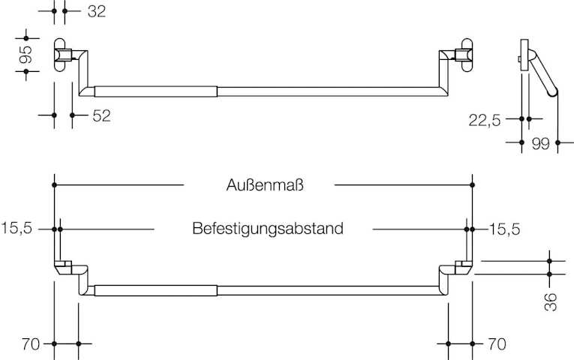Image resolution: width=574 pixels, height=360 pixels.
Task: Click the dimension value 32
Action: pyautogui.click(x=97, y=11)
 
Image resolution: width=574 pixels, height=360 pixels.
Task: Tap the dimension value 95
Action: pyautogui.click(x=26, y=54)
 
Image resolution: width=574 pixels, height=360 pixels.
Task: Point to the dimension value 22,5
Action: pyautogui.click(x=485, y=119)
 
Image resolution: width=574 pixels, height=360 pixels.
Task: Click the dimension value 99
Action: pyautogui.click(x=540, y=142)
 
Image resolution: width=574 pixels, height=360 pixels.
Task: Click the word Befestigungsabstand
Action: pyautogui.click(x=268, y=228)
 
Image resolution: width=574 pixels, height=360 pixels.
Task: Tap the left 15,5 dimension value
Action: pyautogui.click(x=17, y=228)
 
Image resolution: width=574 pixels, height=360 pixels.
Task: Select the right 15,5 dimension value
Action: pyautogui.click(x=504, y=228)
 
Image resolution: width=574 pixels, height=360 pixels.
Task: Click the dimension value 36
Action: pyautogui.click(x=551, y=301)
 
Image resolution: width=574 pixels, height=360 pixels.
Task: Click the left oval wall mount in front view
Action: pyautogui.click(x=59, y=55)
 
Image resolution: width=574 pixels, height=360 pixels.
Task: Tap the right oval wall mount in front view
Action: pyautogui.click(x=467, y=55)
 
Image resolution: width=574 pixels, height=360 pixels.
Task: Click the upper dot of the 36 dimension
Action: pyautogui.click(x=550, y=261)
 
